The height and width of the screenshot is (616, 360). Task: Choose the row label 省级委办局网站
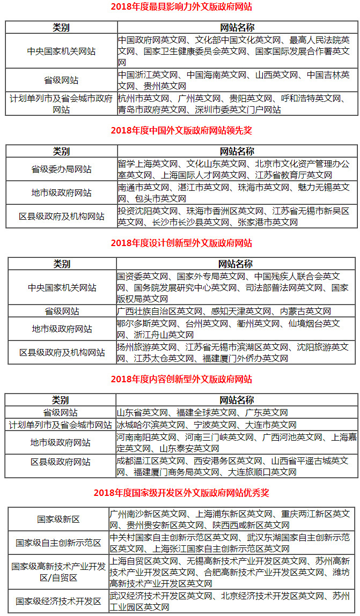[x=61, y=169]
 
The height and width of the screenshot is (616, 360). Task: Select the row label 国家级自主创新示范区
[x=58, y=543]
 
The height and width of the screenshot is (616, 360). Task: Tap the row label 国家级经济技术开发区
[x=58, y=602]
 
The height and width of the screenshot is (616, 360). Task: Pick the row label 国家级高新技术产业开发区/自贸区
[x=58, y=572]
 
